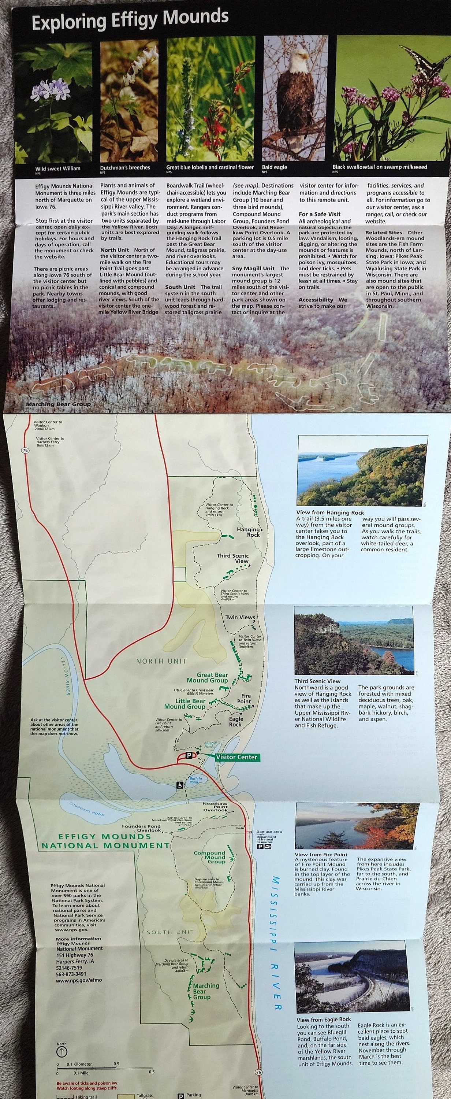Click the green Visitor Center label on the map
[x=236, y=757]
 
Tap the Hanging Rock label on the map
[x=248, y=532]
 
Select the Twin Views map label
[x=240, y=617]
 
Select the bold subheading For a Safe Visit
[x=319, y=214]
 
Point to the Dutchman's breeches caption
[x=125, y=168]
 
